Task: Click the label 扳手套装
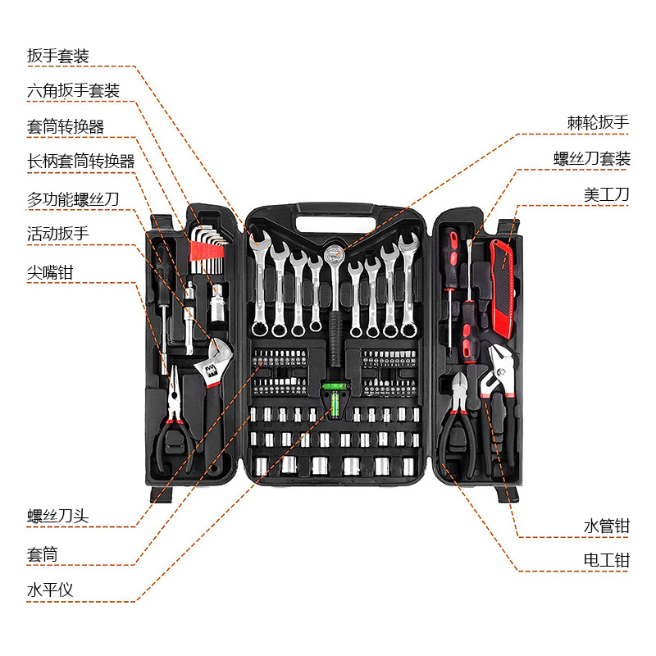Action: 57,56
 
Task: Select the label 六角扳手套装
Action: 73,90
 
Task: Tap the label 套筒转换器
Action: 66,126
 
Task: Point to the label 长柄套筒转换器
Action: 80,162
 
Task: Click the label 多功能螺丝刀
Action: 73,198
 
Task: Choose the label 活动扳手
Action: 57,234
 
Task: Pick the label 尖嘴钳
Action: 50,271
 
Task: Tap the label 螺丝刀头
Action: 57,516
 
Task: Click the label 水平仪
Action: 50,590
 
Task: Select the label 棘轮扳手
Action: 598,122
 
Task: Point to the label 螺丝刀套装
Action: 591,159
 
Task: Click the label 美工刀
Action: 606,195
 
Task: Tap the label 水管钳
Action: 606,526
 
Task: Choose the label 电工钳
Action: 606,561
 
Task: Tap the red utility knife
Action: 501,279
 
